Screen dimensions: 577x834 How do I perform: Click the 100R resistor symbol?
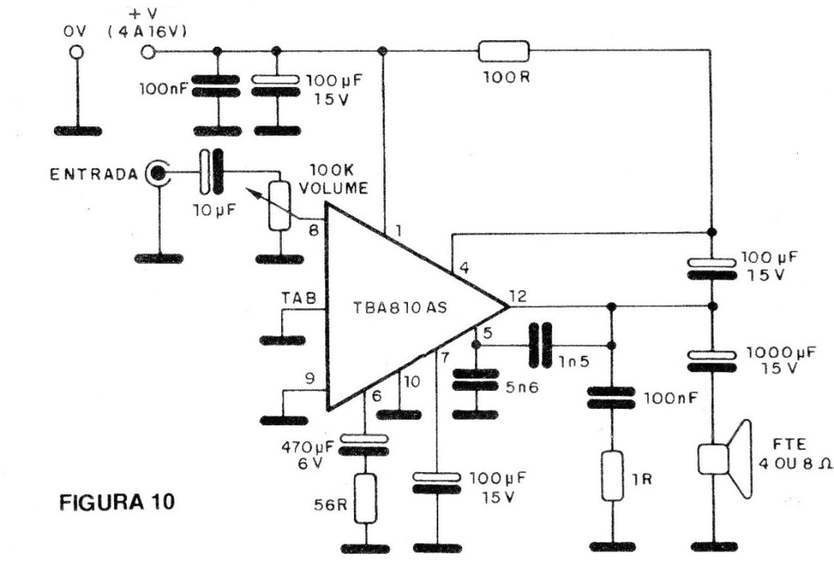point(504,52)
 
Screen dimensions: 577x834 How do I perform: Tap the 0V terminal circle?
point(77,52)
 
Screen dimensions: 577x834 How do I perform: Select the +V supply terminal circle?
point(148,52)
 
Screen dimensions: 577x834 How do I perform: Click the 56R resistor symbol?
point(366,497)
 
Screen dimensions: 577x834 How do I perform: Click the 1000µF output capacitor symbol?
point(711,357)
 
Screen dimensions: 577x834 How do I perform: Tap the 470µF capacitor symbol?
point(366,443)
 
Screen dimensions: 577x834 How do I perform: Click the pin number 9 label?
point(309,379)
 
